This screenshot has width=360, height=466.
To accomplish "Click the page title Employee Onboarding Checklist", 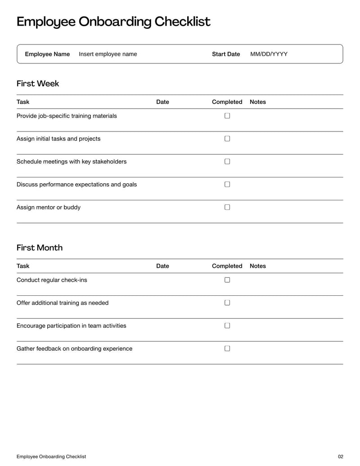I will click(x=113, y=22).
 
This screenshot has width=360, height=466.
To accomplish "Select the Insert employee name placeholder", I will click(x=108, y=54).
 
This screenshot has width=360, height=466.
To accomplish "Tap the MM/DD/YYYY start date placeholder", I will click(x=269, y=54).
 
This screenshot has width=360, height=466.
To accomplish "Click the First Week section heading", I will click(x=38, y=83).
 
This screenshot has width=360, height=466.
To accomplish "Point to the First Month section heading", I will click(x=40, y=248).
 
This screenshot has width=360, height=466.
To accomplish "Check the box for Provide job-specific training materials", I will click(x=227, y=116).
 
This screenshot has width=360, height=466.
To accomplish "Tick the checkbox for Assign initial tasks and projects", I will click(x=227, y=139).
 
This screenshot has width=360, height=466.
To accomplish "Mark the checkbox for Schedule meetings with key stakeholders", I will click(x=227, y=161).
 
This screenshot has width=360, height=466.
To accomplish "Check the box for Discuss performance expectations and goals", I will click(x=227, y=184).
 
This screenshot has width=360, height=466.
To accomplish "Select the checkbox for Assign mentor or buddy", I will click(x=227, y=207).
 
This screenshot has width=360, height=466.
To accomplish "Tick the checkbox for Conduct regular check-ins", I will click(x=227, y=280).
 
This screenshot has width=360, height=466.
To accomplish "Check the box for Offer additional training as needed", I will click(x=227, y=303).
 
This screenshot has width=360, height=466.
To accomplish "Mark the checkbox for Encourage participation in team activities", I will click(x=227, y=326).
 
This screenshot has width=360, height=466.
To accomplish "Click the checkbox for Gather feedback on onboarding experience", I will click(x=227, y=348).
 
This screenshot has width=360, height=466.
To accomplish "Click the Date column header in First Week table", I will click(x=162, y=102).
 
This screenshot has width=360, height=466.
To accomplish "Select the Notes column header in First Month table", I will click(x=258, y=266).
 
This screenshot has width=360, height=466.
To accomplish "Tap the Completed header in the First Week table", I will click(x=227, y=102).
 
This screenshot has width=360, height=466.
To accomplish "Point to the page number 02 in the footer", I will click(x=340, y=457).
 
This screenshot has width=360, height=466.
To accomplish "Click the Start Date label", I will click(x=226, y=54).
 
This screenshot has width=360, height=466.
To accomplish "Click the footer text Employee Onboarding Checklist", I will click(x=51, y=457).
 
